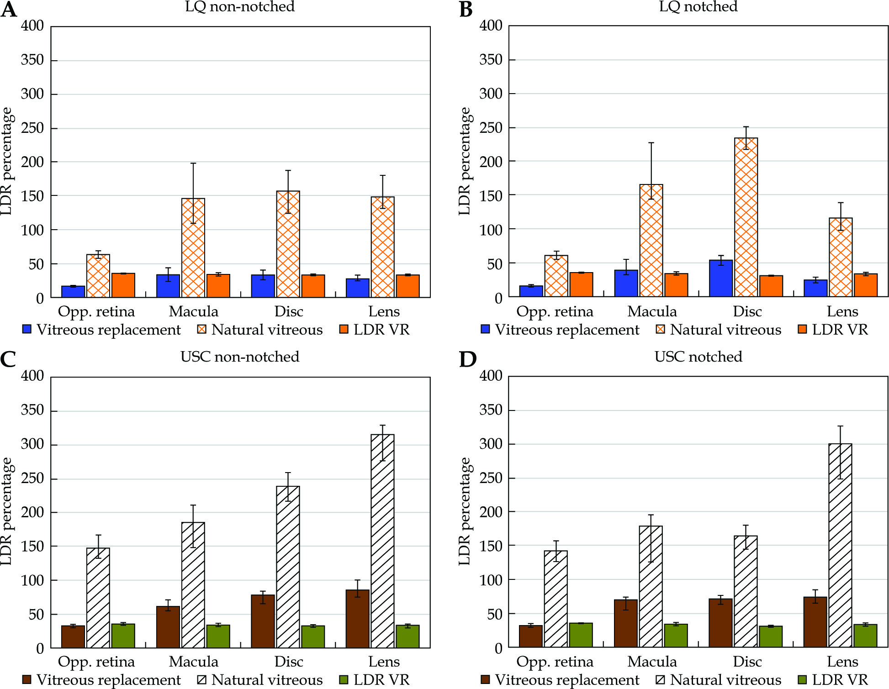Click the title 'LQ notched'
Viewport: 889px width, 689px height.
pos(698,7)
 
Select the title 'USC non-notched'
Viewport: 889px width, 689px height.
pos(240,357)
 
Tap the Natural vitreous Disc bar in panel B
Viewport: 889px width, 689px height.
pos(746,217)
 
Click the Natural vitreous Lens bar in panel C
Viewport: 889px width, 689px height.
pos(382,541)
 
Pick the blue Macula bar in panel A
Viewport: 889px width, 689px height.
pos(168,286)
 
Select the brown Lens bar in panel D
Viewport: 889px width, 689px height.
pos(815,622)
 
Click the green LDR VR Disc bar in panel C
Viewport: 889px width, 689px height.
pos(313,637)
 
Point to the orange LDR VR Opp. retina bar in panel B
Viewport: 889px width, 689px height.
pos(581,285)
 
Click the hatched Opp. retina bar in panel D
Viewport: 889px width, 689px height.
pos(556,599)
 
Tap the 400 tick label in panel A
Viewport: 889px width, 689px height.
pos(32,26)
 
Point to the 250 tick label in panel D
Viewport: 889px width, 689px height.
pos(491,478)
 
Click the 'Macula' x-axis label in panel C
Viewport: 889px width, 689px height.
pos(194,662)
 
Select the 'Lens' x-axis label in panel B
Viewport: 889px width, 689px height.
pos(842,311)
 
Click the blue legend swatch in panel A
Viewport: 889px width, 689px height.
pos(27,329)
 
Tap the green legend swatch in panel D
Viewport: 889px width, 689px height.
pos(802,679)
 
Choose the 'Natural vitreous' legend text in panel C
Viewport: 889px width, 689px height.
pos(267,680)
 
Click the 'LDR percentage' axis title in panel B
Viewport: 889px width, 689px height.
pos(465,161)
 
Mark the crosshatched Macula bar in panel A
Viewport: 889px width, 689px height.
pos(193,248)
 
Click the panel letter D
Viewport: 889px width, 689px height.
pos(467,360)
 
